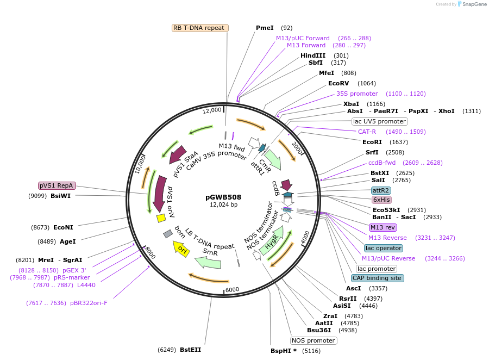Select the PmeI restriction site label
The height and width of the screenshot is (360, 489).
(265, 28)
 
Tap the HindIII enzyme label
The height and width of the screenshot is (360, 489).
(313, 55)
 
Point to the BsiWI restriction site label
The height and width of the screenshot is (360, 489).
(60, 196)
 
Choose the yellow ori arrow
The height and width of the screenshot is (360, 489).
(182, 250)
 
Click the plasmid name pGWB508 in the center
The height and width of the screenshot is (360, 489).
(223, 197)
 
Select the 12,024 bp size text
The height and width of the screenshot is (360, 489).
(223, 205)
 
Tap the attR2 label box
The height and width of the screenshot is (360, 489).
(380, 190)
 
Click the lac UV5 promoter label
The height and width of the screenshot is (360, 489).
(379, 121)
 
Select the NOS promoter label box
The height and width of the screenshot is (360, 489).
(314, 340)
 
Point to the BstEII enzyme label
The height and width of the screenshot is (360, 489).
(190, 350)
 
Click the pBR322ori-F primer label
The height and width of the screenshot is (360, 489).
(89, 303)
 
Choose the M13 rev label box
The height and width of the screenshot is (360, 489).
(383, 227)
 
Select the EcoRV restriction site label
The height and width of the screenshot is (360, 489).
(338, 83)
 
